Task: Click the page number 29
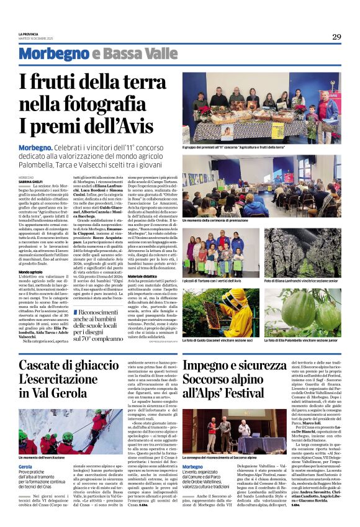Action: tap(336, 37)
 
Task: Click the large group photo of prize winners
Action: tap(261, 108)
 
